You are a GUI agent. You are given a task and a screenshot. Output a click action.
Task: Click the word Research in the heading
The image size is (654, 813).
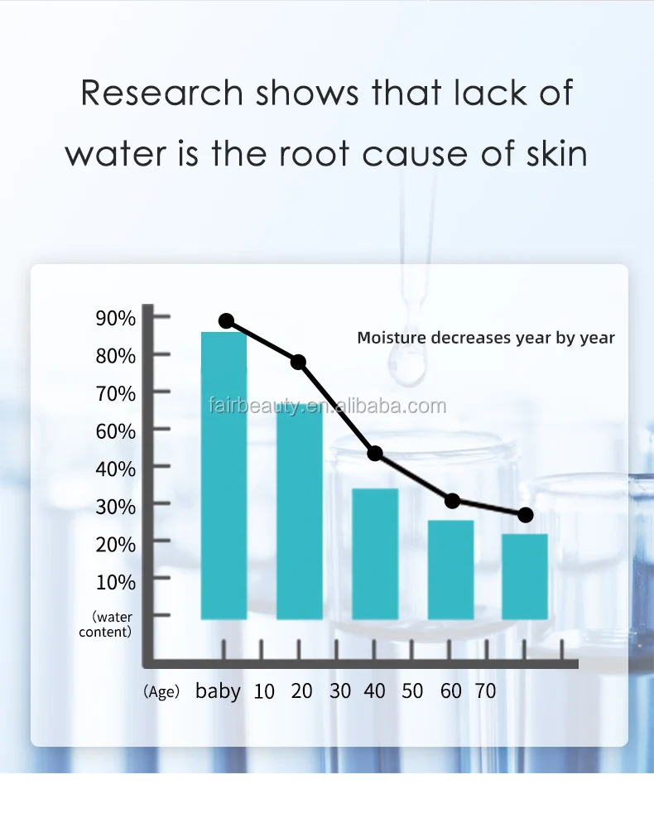[161, 93]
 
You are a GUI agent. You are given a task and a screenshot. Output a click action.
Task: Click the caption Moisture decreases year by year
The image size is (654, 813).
[486, 338]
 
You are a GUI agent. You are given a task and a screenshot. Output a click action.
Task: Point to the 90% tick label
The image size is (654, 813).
[115, 318]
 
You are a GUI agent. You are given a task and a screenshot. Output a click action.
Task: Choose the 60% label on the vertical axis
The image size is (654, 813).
[115, 431]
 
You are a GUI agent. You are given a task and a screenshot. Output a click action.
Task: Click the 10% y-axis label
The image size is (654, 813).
[115, 581]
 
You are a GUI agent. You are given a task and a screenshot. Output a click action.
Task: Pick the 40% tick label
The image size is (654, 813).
[115, 469]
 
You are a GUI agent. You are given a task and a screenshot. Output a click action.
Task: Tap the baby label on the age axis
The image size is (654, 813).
[218, 690]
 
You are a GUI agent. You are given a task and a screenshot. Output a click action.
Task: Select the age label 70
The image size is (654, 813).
[486, 690]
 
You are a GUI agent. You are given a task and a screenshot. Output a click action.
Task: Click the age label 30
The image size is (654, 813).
[339, 690]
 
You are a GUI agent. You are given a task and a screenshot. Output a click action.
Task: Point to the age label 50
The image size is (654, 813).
[412, 690]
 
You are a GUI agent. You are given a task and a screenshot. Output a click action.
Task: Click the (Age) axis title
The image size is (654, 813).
[161, 692]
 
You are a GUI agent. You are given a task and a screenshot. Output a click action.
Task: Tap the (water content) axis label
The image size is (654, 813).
[106, 624]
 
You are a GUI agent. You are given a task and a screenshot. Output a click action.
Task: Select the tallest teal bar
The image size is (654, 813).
[224, 476]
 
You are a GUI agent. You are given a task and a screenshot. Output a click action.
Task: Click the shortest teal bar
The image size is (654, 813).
[525, 577]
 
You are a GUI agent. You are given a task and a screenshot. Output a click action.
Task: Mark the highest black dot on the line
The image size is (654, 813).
[226, 321]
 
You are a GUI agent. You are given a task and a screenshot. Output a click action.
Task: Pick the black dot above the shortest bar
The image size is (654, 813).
[525, 515]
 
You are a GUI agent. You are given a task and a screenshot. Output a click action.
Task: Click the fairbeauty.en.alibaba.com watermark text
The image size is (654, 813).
[326, 406]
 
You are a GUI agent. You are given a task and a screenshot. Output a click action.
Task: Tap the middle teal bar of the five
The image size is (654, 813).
[375, 554]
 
